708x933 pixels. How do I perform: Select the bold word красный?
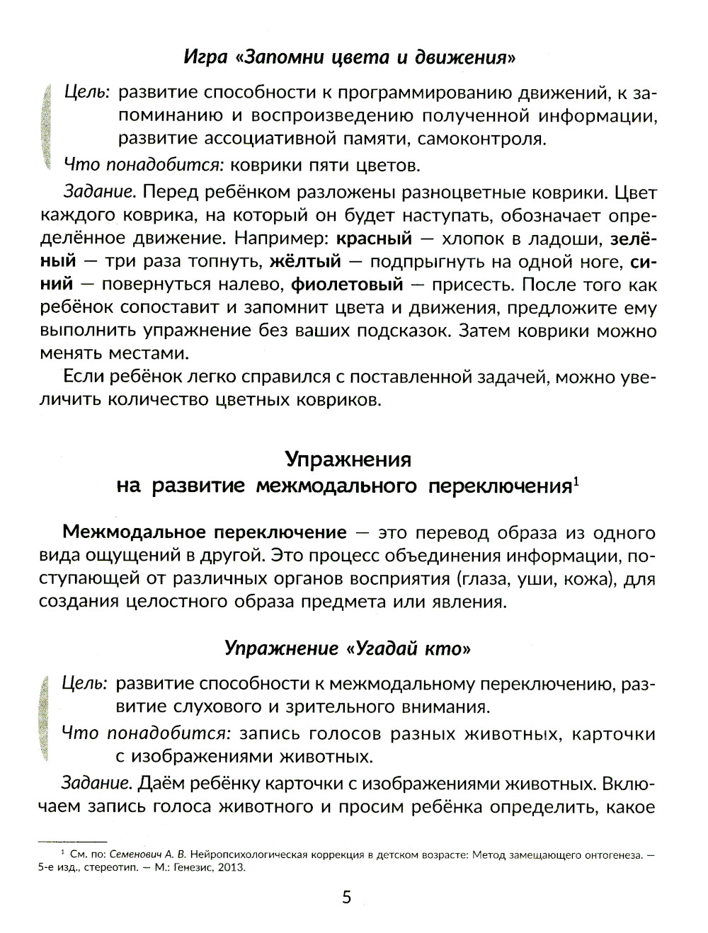373,239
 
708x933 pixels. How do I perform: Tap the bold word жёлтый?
305,261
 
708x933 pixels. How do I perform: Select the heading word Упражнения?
348,459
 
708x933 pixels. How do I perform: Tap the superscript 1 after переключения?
576,482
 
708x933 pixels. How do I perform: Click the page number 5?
346,898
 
